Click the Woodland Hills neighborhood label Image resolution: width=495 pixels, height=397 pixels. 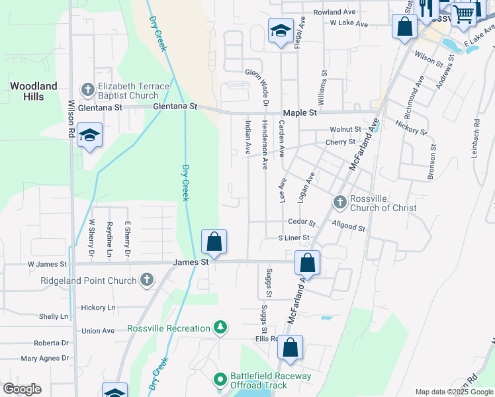click(33, 91)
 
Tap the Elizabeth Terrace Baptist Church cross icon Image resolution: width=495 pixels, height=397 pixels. click(87, 89)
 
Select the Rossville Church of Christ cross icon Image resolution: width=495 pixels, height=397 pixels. click(339, 201)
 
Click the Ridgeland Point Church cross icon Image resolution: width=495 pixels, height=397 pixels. click(146, 281)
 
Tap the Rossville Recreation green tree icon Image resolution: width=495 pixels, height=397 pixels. click(220, 327)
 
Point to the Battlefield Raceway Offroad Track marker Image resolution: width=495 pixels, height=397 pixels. click(220, 380)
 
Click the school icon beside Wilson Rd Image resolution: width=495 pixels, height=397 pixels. click(89, 136)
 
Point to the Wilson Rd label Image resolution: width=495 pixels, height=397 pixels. click(71, 119)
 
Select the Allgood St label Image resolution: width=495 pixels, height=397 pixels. click(349, 226)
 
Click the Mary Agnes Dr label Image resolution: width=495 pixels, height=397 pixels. click(45, 359)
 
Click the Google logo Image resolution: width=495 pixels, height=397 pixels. click(22, 389)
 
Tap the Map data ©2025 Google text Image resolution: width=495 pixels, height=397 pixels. click(454, 392)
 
